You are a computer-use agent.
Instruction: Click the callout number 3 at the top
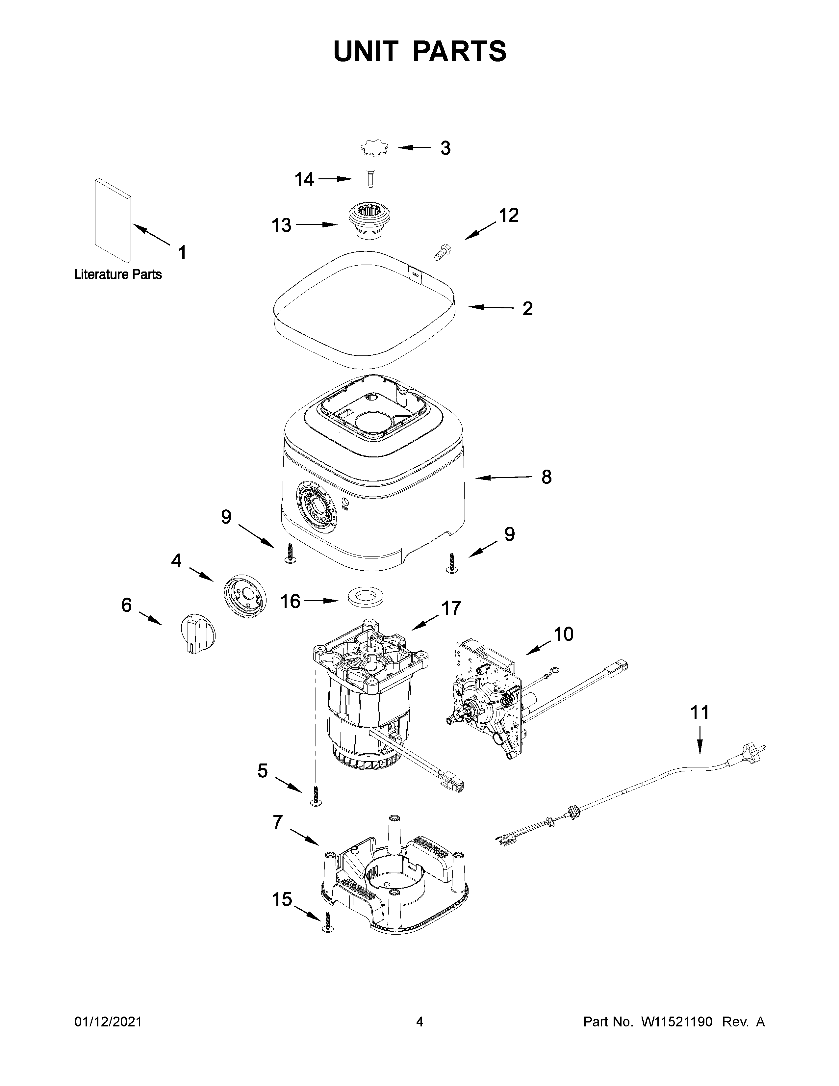tap(445, 148)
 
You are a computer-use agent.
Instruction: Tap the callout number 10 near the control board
tap(564, 634)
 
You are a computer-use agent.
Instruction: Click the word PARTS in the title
tap(460, 51)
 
